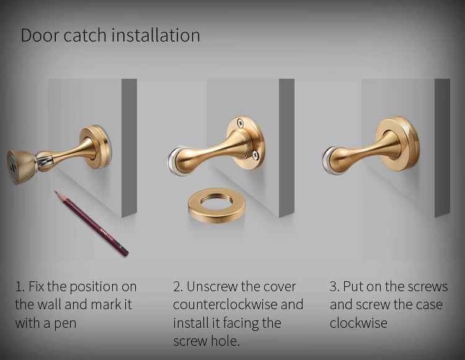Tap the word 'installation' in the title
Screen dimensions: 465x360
[156, 35]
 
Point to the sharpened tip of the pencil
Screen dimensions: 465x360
[55, 191]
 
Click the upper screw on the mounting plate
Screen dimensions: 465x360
[240, 123]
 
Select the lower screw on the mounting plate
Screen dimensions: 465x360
[255, 154]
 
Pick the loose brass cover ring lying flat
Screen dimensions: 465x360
[216, 206]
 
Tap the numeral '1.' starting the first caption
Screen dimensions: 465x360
[20, 287]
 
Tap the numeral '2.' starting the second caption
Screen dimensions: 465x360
[178, 287]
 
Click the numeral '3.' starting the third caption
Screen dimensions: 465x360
[335, 287]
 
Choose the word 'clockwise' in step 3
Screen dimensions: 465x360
[358, 323]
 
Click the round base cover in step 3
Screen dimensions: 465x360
[397, 144]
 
